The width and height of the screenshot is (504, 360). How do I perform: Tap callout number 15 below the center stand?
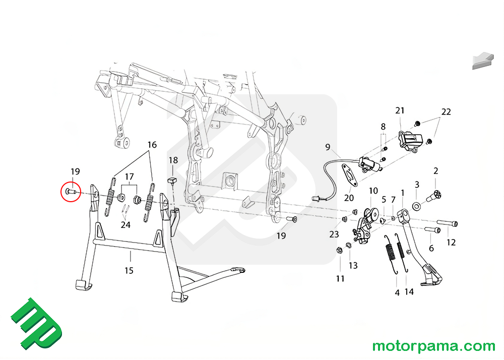point(129,271)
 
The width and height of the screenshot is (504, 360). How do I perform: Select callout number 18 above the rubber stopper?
point(173,160)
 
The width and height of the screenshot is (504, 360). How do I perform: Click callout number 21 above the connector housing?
point(400,110)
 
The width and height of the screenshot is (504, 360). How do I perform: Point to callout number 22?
point(446,111)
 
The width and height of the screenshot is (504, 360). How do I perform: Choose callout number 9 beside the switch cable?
point(328,148)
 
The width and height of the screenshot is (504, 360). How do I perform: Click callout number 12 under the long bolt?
point(451,243)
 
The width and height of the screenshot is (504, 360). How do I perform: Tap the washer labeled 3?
point(417,206)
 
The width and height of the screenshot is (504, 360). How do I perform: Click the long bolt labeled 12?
point(448,222)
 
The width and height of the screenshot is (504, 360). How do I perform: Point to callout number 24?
point(125,225)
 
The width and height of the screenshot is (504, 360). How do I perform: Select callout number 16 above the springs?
point(152,145)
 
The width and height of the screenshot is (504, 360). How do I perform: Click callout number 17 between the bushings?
point(130,176)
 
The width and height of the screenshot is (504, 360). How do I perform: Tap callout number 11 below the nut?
point(340,278)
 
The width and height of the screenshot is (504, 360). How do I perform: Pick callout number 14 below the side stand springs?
point(409,291)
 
